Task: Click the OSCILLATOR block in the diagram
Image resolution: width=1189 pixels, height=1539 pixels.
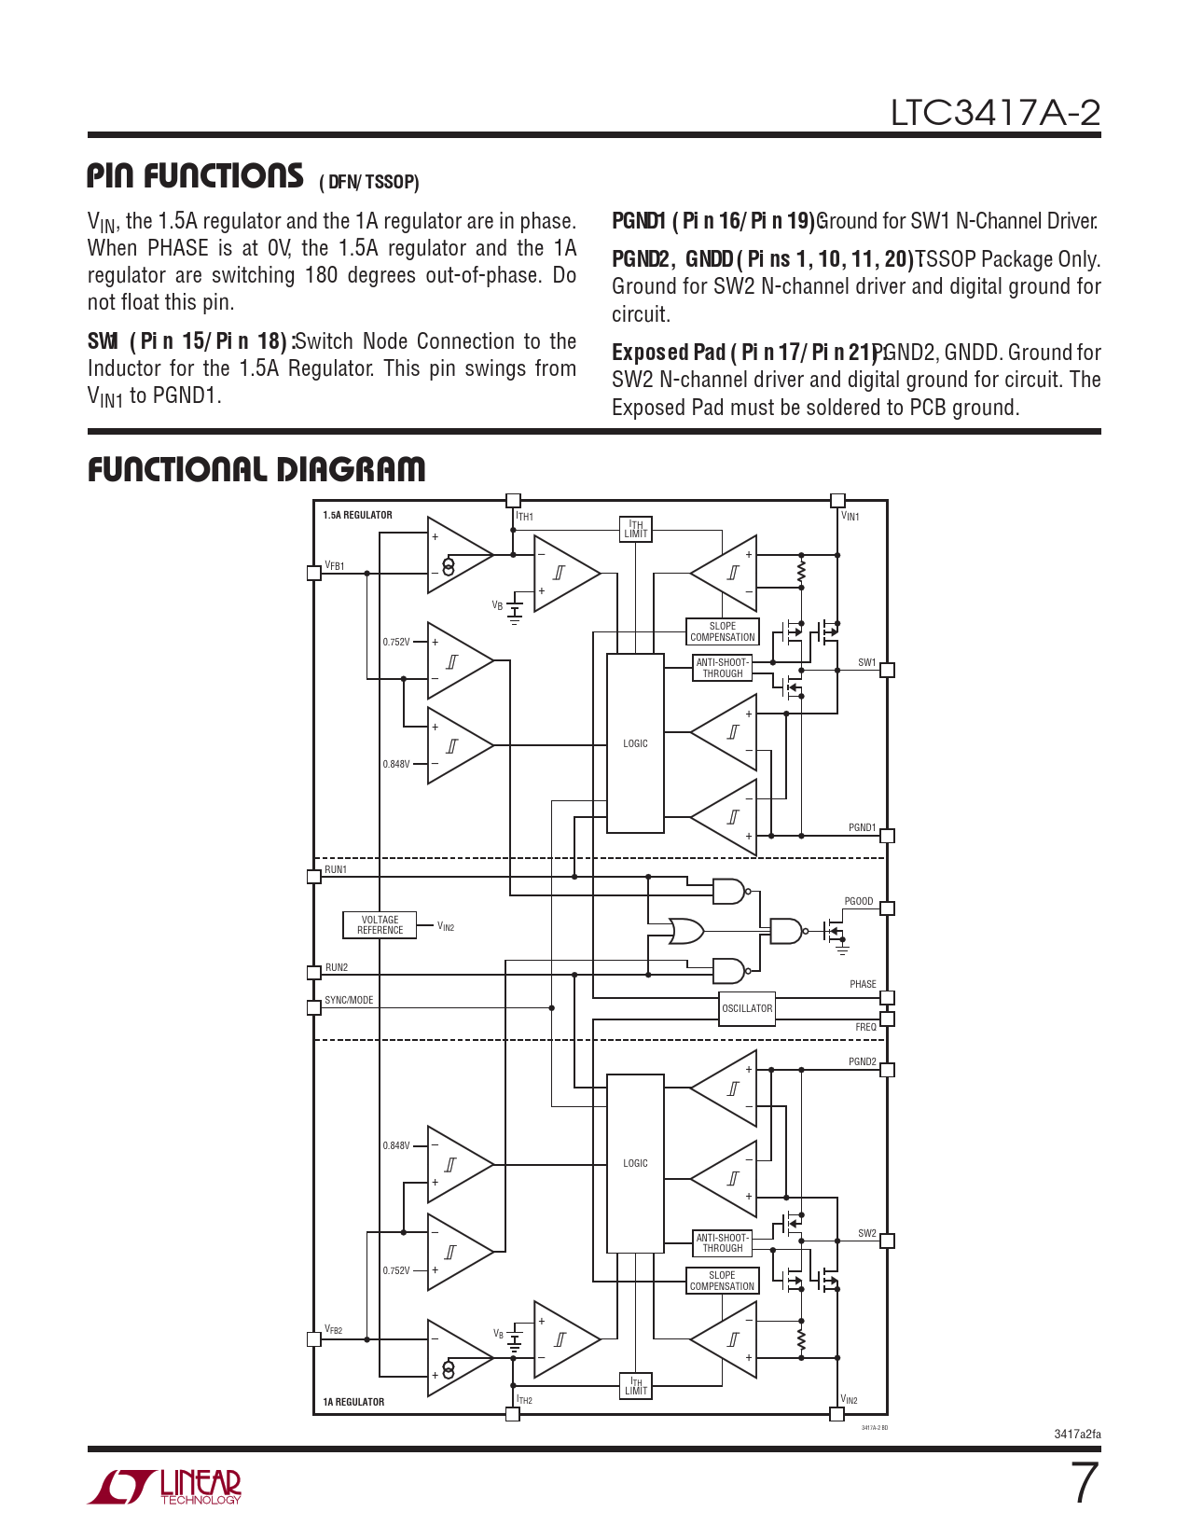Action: coord(747,1008)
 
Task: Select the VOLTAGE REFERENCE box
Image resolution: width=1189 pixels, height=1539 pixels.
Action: coord(380,924)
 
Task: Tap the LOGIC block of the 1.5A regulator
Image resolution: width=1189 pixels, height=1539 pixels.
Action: coord(635,743)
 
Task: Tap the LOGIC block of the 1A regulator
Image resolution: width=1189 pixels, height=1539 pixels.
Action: coord(635,1163)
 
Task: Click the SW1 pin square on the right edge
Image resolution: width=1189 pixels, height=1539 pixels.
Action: coord(887,670)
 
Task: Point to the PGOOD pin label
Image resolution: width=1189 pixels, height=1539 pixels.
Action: coord(858,901)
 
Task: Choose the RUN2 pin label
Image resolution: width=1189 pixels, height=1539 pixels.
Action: coord(336,967)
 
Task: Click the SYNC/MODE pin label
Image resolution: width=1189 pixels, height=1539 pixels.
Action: coord(349,1000)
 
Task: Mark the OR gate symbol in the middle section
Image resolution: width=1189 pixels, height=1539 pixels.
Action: coord(686,930)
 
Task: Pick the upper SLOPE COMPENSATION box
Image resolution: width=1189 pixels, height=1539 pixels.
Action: coord(722,631)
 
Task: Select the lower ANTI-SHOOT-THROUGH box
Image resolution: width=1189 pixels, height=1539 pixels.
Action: coord(722,1242)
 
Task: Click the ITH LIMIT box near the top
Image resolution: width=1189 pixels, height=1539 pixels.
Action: coord(636,529)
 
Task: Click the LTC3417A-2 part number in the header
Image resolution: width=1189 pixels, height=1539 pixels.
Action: coord(995,113)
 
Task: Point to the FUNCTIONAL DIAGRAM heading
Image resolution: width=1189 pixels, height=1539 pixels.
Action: coord(256,469)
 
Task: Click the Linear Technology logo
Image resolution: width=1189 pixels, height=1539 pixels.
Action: coord(165,1487)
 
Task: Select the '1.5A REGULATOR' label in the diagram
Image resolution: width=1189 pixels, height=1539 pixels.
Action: coord(357,515)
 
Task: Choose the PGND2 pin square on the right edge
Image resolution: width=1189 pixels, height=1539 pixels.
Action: coord(887,1070)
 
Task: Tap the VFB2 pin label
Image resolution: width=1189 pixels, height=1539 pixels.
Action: coord(333,1329)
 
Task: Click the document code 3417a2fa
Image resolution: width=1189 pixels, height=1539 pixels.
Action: coord(1077,1435)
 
